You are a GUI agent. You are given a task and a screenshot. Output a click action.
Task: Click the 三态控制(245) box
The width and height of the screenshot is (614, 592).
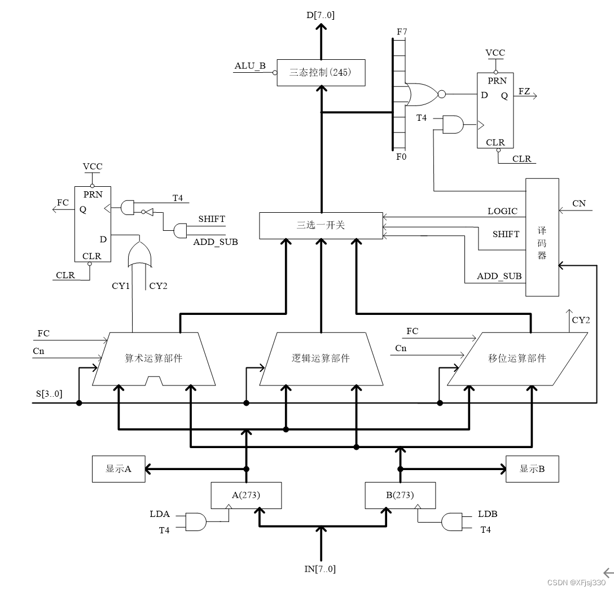321,72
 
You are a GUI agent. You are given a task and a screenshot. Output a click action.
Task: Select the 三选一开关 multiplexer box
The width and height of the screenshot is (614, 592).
321,225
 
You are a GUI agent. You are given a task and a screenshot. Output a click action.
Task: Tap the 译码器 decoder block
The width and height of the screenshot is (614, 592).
542,237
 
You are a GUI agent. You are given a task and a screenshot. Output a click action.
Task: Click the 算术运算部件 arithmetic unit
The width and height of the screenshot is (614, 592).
153,359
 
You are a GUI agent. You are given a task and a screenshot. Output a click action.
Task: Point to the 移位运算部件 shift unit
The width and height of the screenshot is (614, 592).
517,359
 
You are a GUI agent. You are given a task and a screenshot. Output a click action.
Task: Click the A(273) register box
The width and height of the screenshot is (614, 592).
246,495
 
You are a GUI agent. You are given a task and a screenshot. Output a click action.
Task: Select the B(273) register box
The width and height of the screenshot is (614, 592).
400,495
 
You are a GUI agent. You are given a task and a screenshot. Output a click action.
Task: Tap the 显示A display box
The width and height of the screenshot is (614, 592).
119,469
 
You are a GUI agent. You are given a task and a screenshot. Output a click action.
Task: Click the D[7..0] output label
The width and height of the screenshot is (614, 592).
321,15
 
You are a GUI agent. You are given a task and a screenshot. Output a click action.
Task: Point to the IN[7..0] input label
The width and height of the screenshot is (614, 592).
320,569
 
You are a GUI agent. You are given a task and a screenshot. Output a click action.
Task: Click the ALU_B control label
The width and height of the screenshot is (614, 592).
250,66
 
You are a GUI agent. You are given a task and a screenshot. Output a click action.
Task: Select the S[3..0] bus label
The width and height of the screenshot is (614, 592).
48,393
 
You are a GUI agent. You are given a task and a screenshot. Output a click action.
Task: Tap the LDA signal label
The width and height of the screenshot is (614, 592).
160,514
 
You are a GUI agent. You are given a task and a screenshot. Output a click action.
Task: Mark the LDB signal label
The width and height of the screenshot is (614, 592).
488,514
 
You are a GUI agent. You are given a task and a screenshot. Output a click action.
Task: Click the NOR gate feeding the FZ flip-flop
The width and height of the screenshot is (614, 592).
422,94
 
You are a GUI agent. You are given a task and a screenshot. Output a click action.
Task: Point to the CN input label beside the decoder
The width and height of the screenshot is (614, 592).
579,204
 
